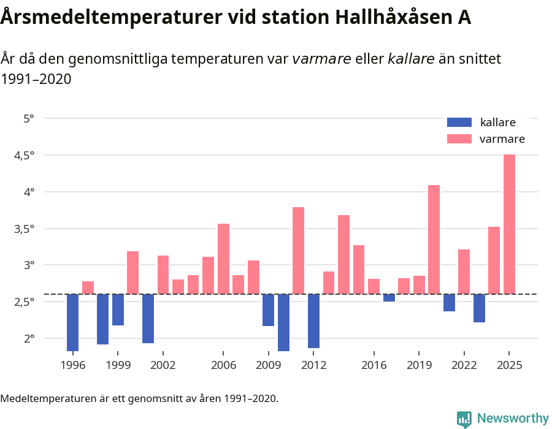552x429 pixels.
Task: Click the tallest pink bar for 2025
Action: tap(509, 224)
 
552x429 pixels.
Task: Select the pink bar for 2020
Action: tap(434, 239)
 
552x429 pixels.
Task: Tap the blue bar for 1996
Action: tap(72, 322)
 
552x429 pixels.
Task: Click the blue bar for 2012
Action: tap(313, 321)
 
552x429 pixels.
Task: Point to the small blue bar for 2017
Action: tap(389, 298)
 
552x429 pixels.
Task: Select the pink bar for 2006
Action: tap(223, 259)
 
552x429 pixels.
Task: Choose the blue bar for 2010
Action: tap(283, 322)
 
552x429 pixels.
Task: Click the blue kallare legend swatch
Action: tap(459, 122)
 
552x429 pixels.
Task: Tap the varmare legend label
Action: tap(502, 139)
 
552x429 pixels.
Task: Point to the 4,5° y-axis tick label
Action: tap(23, 155)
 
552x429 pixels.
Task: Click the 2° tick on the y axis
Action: tap(29, 338)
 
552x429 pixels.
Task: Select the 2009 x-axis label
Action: tap(269, 365)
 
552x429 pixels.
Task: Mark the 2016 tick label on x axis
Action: tap(374, 365)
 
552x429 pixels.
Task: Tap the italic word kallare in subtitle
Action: tap(411, 59)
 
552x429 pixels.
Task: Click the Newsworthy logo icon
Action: tap(464, 419)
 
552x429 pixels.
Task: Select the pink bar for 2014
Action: tap(343, 254)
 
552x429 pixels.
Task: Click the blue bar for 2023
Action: tap(479, 308)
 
